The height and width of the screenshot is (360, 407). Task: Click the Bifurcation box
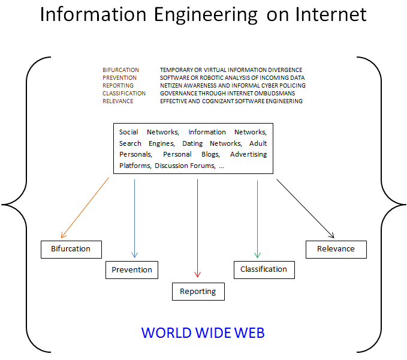coord(71,249)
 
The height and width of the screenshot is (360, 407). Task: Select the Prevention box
coord(132,270)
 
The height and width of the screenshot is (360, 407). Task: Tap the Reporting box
coord(198,292)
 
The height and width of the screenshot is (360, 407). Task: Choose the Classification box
coord(264,269)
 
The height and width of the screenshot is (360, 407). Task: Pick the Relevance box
coord(336,249)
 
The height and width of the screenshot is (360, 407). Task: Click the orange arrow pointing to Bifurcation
coord(85,207)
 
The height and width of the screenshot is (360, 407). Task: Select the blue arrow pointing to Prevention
coord(134,216)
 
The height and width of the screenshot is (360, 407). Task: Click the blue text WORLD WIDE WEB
coord(203,332)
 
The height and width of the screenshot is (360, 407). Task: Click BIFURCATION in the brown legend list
coord(120,70)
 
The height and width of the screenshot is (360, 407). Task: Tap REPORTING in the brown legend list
coord(117,86)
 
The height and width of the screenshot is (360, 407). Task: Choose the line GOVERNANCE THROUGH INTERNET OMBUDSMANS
coord(227,94)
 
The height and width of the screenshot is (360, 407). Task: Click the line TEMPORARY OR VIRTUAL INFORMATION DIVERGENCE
coord(231,70)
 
